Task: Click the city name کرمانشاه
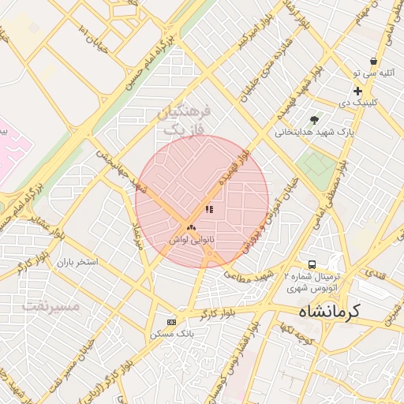[320, 310]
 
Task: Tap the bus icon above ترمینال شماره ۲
[312, 264]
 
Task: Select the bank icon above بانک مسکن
[172, 322]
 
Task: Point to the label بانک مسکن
[172, 335]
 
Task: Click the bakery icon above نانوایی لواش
[191, 227]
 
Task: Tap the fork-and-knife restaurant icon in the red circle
[209, 210]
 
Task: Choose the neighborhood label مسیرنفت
[52, 305]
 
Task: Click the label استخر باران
[77, 260]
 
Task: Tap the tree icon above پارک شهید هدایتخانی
[314, 120]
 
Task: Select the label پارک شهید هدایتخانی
[311, 133]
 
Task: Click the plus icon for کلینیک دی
[357, 92]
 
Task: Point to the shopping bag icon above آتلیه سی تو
[372, 61]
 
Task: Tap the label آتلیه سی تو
[368, 73]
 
